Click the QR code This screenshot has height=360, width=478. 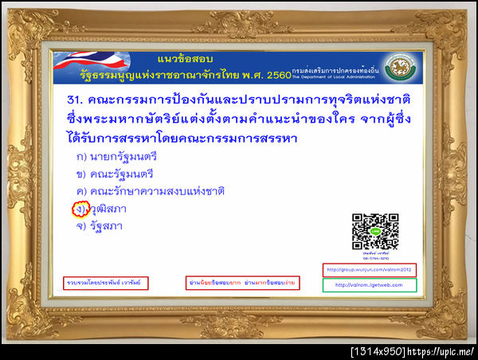point(375,231)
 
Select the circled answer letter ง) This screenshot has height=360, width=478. point(80,209)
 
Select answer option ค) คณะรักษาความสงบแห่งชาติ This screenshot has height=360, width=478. point(151,191)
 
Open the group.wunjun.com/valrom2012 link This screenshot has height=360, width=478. point(370,268)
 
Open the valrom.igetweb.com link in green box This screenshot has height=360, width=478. point(370,284)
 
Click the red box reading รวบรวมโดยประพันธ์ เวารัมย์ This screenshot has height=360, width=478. point(106,283)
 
